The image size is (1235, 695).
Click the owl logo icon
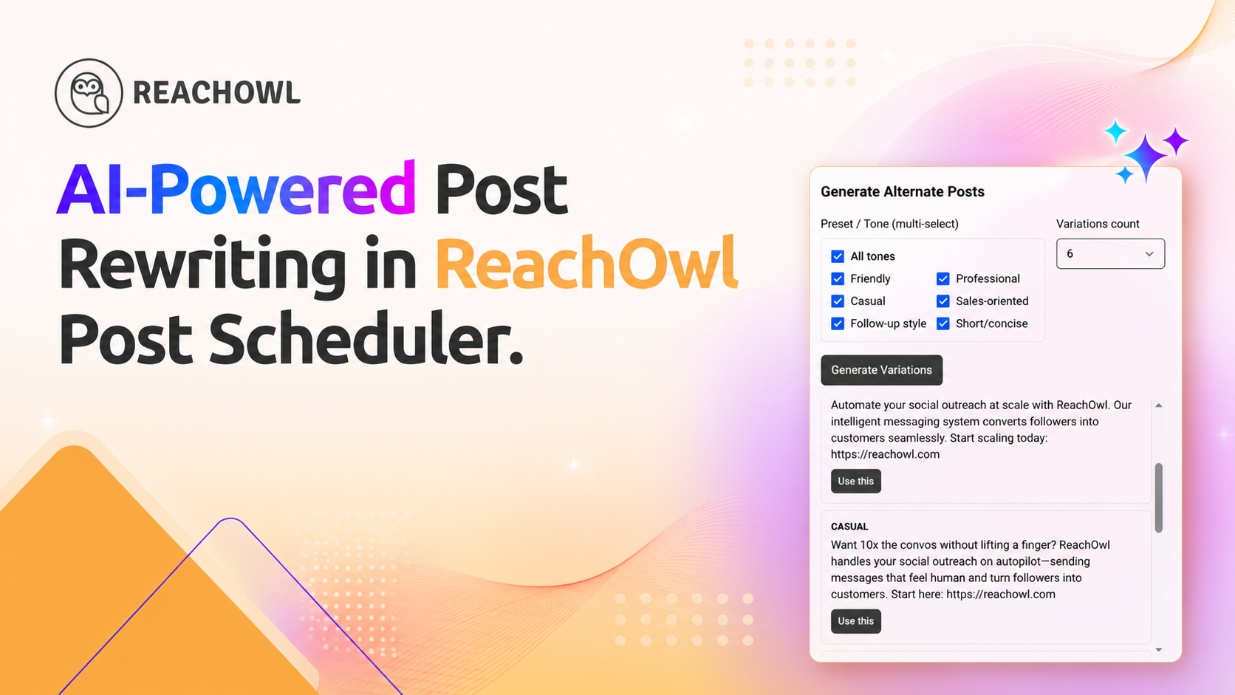point(88,93)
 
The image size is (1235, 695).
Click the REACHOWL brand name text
point(216,92)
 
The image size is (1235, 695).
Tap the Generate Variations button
point(881,370)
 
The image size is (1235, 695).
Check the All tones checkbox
point(838,256)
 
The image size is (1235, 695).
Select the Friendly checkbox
point(838,279)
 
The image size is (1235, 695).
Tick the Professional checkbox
point(942,279)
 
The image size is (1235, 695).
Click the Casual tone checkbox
point(838,301)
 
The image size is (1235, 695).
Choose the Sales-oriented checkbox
point(942,301)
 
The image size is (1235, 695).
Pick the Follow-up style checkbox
point(838,323)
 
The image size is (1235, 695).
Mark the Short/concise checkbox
point(942,323)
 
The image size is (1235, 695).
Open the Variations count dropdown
point(1110,253)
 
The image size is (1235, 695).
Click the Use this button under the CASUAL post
point(855,621)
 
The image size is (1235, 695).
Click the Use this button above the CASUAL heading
point(855,481)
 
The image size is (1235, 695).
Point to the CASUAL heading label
point(849,527)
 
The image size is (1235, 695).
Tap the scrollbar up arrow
point(1159,405)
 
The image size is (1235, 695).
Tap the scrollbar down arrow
point(1159,650)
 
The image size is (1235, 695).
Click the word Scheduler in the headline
point(366,338)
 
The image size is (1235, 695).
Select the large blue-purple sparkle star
point(1145,157)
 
